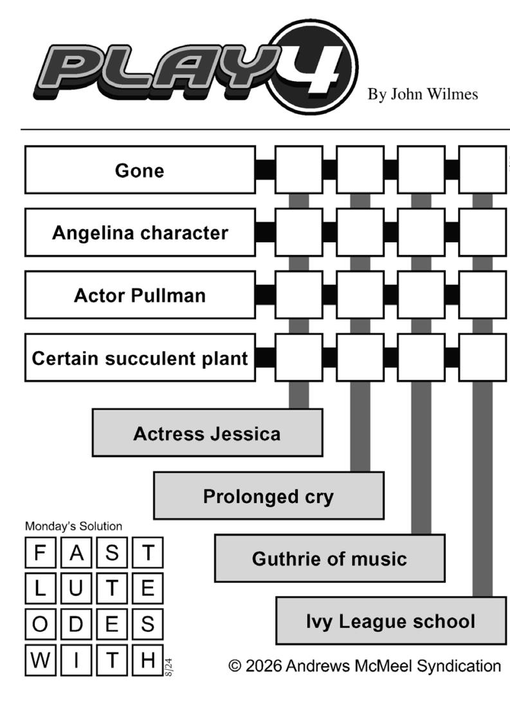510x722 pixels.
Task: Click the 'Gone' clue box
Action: (140, 170)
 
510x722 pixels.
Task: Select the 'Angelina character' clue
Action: (140, 233)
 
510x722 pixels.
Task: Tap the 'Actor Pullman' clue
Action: (140, 295)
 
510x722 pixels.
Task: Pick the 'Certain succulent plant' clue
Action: (140, 357)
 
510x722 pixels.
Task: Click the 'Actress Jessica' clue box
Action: (207, 433)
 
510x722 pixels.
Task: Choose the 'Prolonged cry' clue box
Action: (269, 495)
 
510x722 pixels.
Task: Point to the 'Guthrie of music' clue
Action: (330, 558)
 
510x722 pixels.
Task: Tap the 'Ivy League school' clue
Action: (391, 621)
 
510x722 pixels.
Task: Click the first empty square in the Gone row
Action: (299, 170)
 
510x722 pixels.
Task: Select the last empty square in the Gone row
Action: (482, 170)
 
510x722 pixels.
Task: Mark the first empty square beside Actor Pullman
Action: (299, 295)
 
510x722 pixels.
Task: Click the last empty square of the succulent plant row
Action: (482, 357)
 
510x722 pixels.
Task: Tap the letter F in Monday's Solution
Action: (40, 553)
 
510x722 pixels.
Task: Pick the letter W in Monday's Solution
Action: (41, 660)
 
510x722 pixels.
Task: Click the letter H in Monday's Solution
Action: (148, 660)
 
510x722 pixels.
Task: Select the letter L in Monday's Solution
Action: (40, 589)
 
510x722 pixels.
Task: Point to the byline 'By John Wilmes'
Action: (423, 95)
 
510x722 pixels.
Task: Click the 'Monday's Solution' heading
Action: (73, 526)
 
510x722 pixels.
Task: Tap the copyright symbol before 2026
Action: (235, 666)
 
